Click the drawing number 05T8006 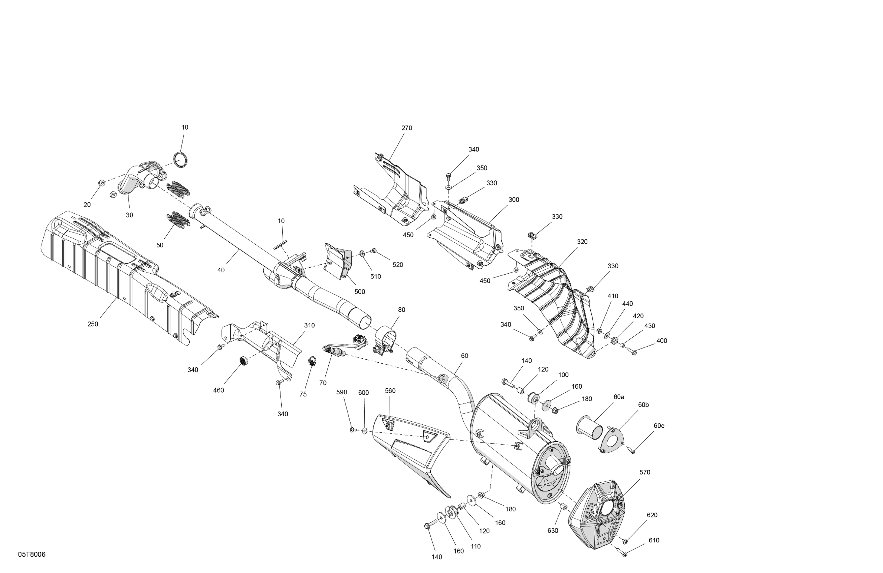[x=32, y=554]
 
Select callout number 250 [x=93, y=324]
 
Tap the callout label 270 [x=406, y=128]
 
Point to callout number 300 [x=514, y=200]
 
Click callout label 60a [x=619, y=397]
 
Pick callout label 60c [x=659, y=426]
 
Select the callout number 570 [x=645, y=472]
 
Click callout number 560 [x=390, y=391]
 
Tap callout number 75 [x=303, y=394]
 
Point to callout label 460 [x=219, y=390]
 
